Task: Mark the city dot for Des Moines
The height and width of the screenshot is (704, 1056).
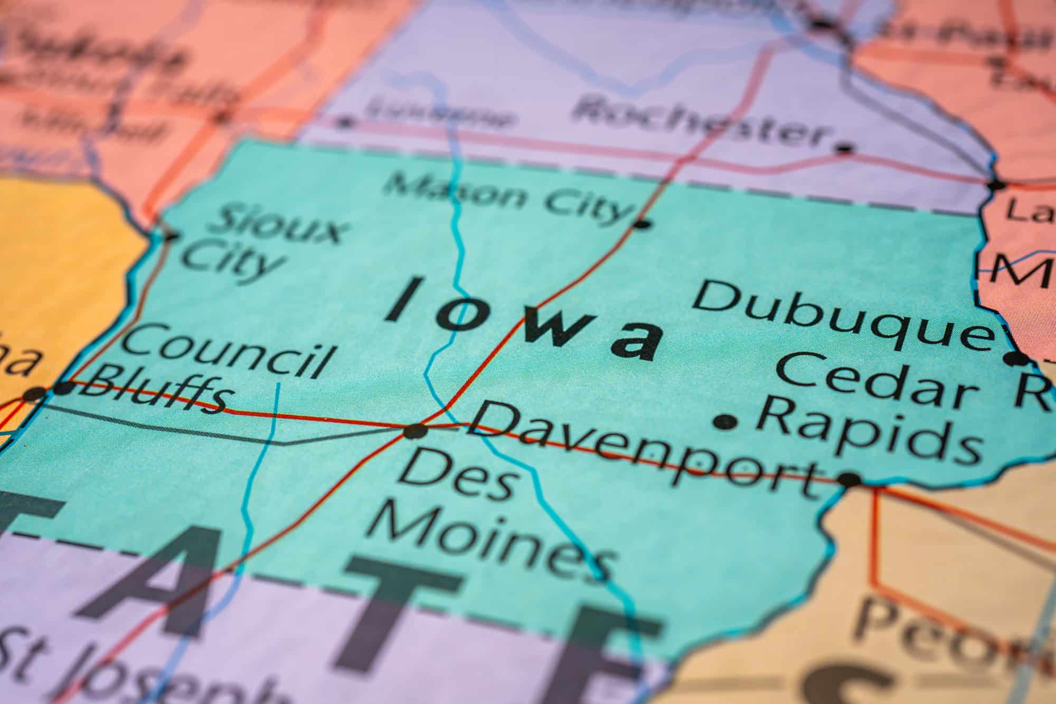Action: tap(415, 431)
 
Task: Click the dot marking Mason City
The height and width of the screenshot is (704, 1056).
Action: tap(642, 224)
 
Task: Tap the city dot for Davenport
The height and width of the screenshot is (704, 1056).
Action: tap(849, 479)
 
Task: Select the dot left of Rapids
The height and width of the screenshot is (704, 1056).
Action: tap(725, 421)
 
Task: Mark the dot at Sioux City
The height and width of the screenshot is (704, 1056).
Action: tap(170, 236)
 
